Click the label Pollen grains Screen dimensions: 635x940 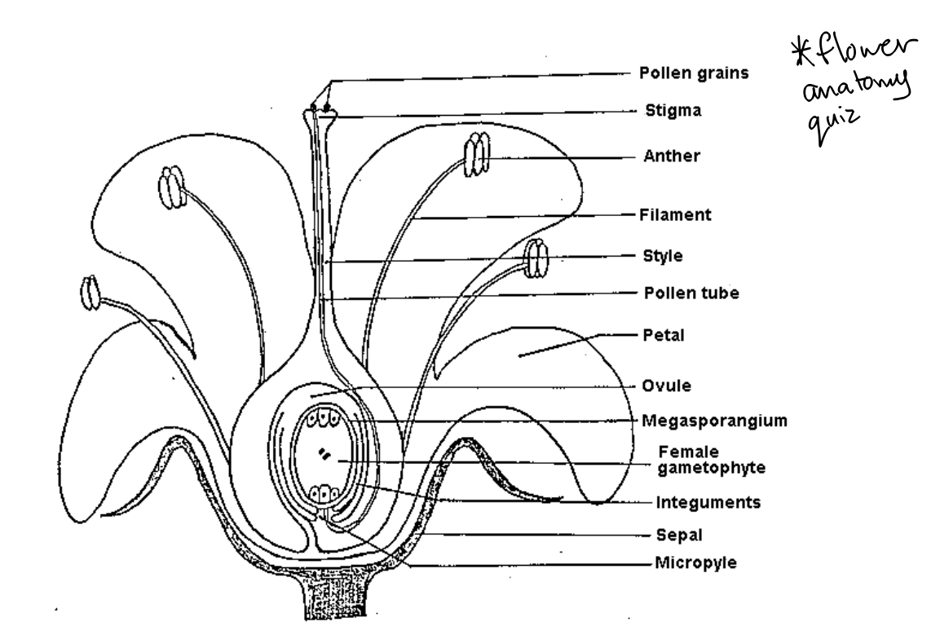(x=691, y=73)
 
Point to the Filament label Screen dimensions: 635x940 (x=675, y=215)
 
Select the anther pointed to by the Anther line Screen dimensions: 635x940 (x=476, y=154)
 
